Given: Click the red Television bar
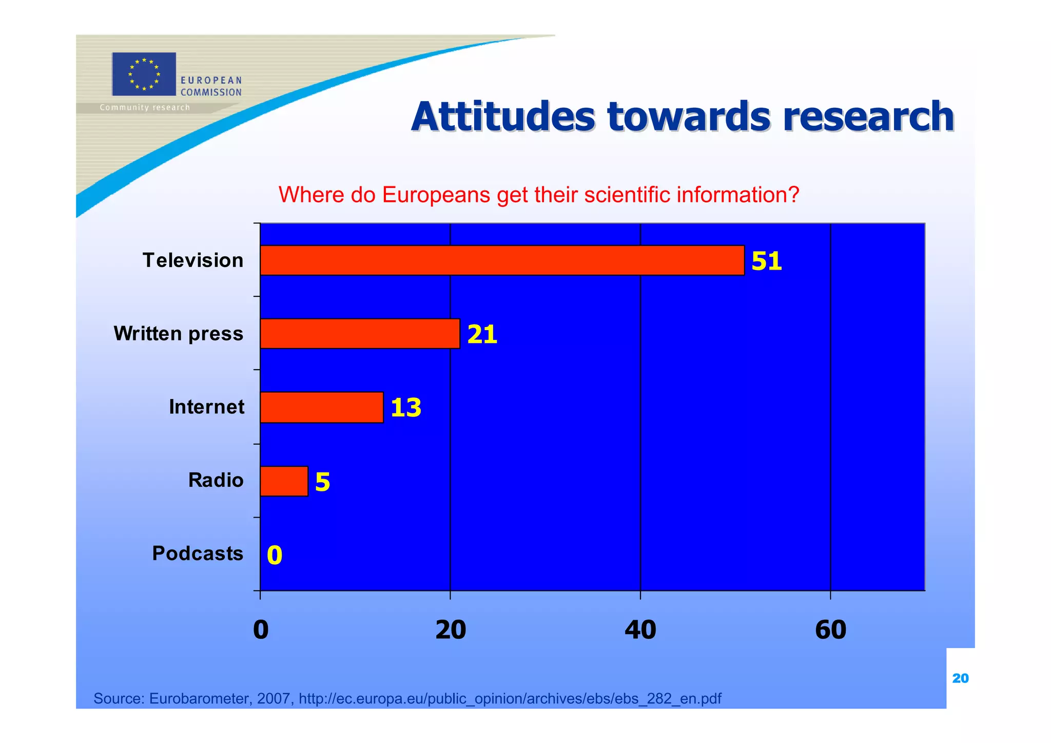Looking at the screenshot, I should [x=502, y=260].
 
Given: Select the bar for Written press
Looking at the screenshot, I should [x=360, y=334].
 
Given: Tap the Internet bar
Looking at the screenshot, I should [x=322, y=407].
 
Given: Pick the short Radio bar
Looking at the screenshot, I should [x=284, y=481].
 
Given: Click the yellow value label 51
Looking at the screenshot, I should [x=766, y=261].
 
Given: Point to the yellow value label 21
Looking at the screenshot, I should [x=482, y=334].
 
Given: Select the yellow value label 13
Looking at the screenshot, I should [x=405, y=408].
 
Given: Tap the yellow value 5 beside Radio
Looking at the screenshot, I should [x=322, y=482].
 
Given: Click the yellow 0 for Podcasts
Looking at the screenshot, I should [x=275, y=555].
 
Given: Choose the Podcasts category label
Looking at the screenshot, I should [x=198, y=554].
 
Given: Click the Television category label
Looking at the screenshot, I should [x=193, y=260].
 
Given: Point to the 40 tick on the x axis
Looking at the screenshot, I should [x=640, y=630].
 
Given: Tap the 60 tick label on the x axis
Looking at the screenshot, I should [x=830, y=630].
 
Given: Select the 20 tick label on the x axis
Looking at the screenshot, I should [x=450, y=630].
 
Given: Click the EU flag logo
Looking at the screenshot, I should [x=144, y=74].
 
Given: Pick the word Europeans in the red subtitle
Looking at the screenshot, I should [x=436, y=195].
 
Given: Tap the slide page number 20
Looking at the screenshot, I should [x=960, y=678].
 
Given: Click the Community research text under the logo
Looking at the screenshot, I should [x=145, y=107].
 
